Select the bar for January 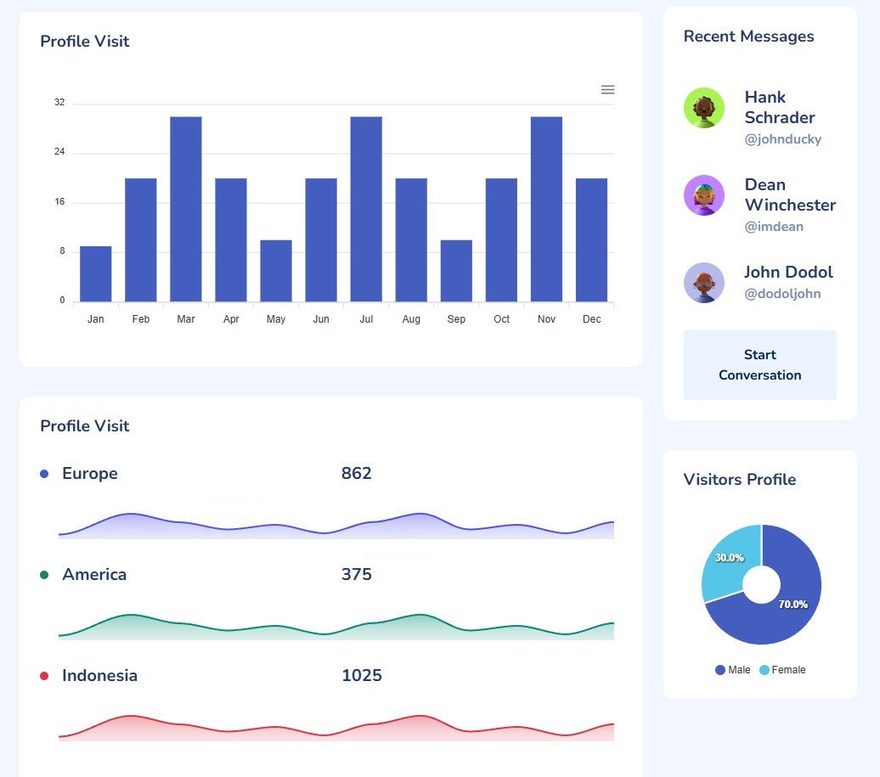[96, 273]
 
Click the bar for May [276, 270]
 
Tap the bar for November [546, 209]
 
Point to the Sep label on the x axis [456, 319]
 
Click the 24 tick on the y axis [59, 152]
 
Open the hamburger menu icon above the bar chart [607, 90]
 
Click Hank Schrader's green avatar [704, 108]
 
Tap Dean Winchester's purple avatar [704, 195]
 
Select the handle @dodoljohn [782, 294]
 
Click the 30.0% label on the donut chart [729, 558]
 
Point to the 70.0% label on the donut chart [793, 604]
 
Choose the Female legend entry [782, 670]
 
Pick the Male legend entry [733, 670]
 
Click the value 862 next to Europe [356, 473]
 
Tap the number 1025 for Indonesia [361, 676]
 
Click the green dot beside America [44, 575]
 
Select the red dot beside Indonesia [44, 676]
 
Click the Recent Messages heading [748, 37]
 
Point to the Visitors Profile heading [739, 480]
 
